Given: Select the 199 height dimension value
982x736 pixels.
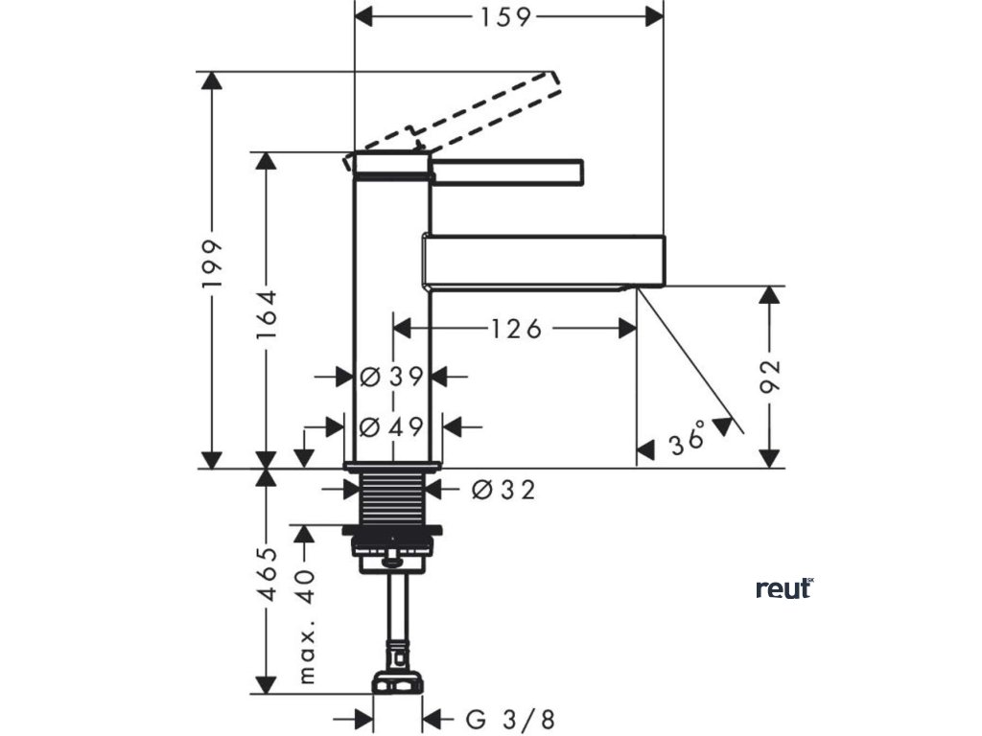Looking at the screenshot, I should click(213, 264).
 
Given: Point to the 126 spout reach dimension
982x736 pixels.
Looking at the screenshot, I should click(517, 329).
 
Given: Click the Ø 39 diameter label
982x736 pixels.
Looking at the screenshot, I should click(392, 377).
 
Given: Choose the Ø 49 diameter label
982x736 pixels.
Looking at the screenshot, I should click(392, 427).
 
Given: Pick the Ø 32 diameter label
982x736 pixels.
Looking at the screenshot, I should click(503, 491).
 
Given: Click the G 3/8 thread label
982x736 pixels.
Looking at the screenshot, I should click(510, 719).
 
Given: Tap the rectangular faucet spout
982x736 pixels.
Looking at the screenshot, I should click(542, 260).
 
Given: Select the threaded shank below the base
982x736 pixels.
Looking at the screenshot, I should click(392, 498).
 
